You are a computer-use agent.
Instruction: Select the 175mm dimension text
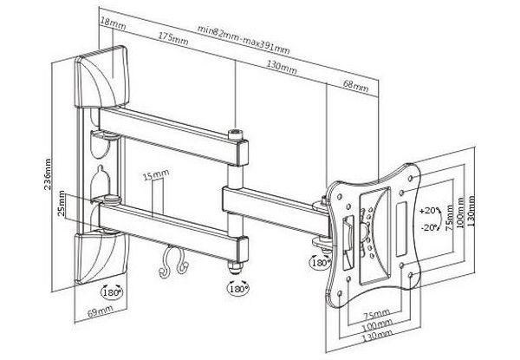176,38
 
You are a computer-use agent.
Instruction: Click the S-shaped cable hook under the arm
172,262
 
